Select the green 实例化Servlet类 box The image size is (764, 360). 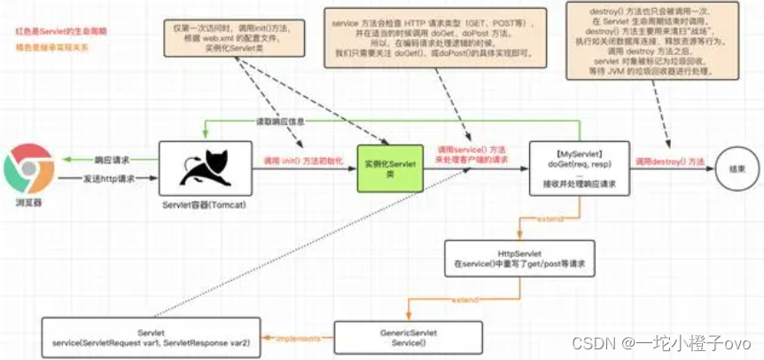pos(386,168)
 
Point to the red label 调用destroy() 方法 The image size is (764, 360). pos(670,162)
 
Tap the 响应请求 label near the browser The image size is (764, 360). pos(112,160)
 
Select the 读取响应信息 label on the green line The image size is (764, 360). pos(282,123)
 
